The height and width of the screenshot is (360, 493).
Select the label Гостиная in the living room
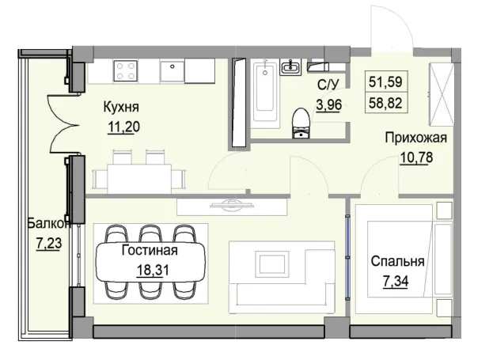point(150,252)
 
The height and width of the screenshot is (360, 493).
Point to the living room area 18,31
point(150,269)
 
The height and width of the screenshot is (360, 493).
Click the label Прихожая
point(415,138)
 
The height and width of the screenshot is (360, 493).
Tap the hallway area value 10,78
point(415,156)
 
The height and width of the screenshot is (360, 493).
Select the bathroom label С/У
point(329,84)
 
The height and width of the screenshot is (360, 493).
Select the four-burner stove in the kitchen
point(125,71)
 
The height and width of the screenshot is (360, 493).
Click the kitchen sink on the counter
point(172,71)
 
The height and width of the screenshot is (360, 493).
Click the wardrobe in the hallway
point(440,93)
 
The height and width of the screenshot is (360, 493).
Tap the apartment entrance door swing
point(390,28)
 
